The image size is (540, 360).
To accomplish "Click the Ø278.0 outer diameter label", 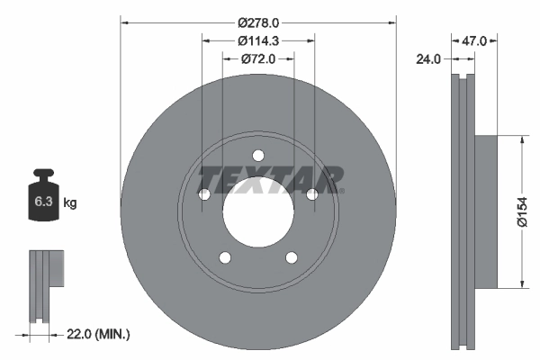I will point(258,21).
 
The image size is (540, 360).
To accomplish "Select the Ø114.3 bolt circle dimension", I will point(258,40).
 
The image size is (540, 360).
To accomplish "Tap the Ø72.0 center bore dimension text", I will point(258,58).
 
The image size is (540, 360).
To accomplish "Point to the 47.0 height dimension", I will point(474,40).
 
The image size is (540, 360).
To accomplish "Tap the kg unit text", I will point(70,203).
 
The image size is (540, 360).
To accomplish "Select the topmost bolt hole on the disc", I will point(258,154).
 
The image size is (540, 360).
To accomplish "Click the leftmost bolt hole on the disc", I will point(203,194).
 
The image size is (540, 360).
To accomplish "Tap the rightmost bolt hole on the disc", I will point(312,194).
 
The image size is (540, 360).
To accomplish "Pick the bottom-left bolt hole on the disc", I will point(224,258).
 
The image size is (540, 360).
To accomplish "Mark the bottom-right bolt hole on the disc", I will point(292,258).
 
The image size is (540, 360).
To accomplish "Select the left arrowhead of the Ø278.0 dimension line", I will point(124,21).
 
